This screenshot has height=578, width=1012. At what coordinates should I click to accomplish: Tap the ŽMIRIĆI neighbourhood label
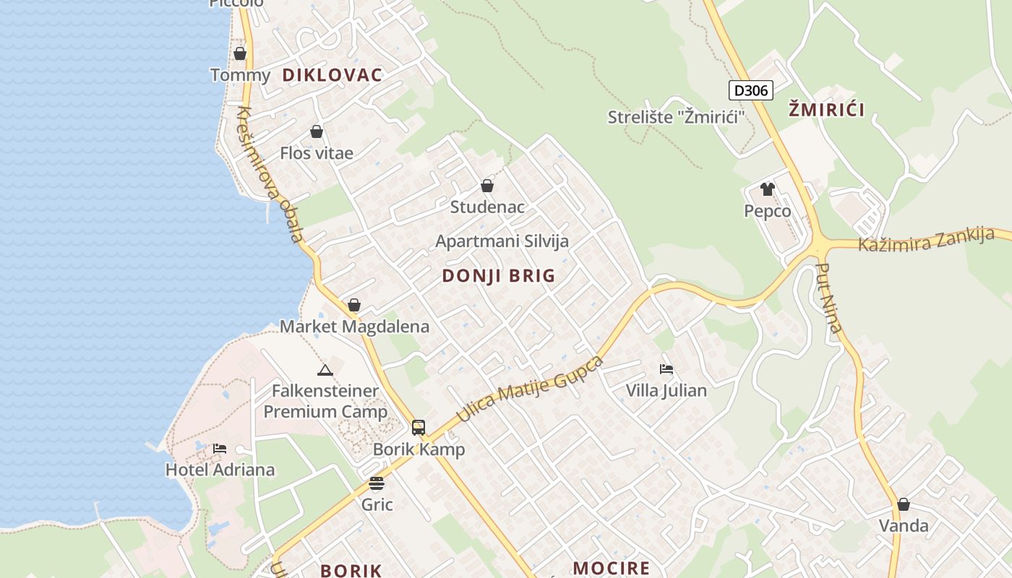coord(826,110)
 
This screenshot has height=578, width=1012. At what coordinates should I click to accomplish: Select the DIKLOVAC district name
coord(332,75)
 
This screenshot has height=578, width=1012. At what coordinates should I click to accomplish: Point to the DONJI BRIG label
coord(499,275)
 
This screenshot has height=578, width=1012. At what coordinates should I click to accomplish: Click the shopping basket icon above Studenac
coord(487,186)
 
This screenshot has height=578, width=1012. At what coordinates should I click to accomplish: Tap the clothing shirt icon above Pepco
coord(767,189)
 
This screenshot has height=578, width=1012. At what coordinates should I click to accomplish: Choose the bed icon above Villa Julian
coord(666,369)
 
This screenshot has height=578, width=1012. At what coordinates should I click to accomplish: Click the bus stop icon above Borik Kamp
coord(419,427)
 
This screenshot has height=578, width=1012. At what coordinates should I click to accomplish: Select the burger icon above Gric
coord(377,483)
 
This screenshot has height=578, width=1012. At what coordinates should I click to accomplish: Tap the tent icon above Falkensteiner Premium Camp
coord(325,371)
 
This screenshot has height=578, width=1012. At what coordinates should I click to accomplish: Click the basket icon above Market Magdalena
coord(354,305)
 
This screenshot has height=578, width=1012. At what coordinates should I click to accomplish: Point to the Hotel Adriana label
coord(220,470)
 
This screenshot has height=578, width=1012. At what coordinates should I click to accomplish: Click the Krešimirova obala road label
coord(270,175)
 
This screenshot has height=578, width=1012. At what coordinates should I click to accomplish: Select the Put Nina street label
coord(829,298)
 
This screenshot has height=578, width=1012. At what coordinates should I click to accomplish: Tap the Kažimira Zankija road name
coord(926,239)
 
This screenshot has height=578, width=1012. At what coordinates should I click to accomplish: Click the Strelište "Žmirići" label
coord(676,117)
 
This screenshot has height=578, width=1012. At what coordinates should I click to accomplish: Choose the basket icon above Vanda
coord(904,504)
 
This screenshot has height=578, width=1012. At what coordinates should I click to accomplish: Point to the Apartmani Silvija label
coord(502,241)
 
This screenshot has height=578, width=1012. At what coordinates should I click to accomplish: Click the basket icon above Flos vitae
coord(317,131)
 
